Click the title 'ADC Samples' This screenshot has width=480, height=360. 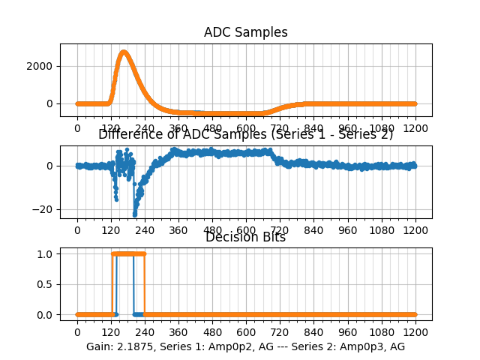pyautogui.click(x=245, y=32)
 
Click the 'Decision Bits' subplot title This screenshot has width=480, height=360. pyautogui.click(x=245, y=238)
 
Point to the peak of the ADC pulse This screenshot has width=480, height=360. pyautogui.click(x=124, y=52)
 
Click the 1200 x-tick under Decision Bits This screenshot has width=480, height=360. pyautogui.click(x=415, y=331)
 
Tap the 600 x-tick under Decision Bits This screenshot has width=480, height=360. pyautogui.click(x=246, y=331)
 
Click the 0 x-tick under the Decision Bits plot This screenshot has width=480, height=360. pyautogui.click(x=76, y=331)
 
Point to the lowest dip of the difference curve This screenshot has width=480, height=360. pyautogui.click(x=135, y=214)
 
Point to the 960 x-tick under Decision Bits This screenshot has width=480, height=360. pyautogui.click(x=348, y=331)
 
